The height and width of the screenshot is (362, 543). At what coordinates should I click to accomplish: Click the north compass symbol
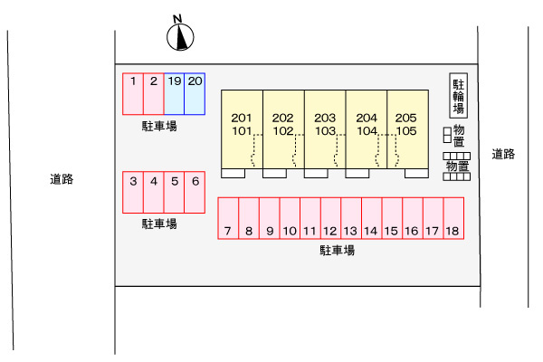pyautogui.click(x=180, y=36)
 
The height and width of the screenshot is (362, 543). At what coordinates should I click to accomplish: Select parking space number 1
pyautogui.click(x=133, y=94)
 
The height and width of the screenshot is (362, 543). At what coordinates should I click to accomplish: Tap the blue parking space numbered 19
pyautogui.click(x=174, y=94)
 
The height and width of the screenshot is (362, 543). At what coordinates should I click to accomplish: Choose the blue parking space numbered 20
pyautogui.click(x=195, y=94)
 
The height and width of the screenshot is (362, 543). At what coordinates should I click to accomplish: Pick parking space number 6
pyautogui.click(x=195, y=192)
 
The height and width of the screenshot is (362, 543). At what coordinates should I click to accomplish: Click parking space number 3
pyautogui.click(x=133, y=192)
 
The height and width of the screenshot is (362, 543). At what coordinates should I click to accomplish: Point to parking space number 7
pyautogui.click(x=228, y=218)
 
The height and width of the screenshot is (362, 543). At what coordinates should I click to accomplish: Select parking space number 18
pyautogui.click(x=453, y=218)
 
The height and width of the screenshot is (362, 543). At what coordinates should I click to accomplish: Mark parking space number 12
pyautogui.click(x=330, y=218)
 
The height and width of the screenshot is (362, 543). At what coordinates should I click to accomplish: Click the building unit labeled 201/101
pyautogui.click(x=242, y=129)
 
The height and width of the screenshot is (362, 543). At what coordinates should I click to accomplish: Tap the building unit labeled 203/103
pyautogui.click(x=325, y=129)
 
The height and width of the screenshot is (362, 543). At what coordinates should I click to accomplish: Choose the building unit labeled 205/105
pyautogui.click(x=407, y=129)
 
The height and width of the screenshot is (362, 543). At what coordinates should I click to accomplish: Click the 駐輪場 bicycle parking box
pyautogui.click(x=459, y=96)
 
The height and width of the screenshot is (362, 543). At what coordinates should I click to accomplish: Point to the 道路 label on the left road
pyautogui.click(x=62, y=179)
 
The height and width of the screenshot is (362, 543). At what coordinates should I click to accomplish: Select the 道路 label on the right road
pyautogui.click(x=503, y=154)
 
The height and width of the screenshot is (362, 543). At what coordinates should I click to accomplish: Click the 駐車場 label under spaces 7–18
pyautogui.click(x=337, y=250)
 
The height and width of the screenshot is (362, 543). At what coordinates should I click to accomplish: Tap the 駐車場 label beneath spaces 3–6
pyautogui.click(x=159, y=224)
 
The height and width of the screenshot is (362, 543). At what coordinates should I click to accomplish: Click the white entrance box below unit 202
pyautogui.click(x=274, y=173)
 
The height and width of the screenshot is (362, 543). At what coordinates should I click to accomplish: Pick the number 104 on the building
pyautogui.click(x=367, y=131)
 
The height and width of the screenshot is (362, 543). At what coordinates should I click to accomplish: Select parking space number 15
pyautogui.click(x=392, y=218)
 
